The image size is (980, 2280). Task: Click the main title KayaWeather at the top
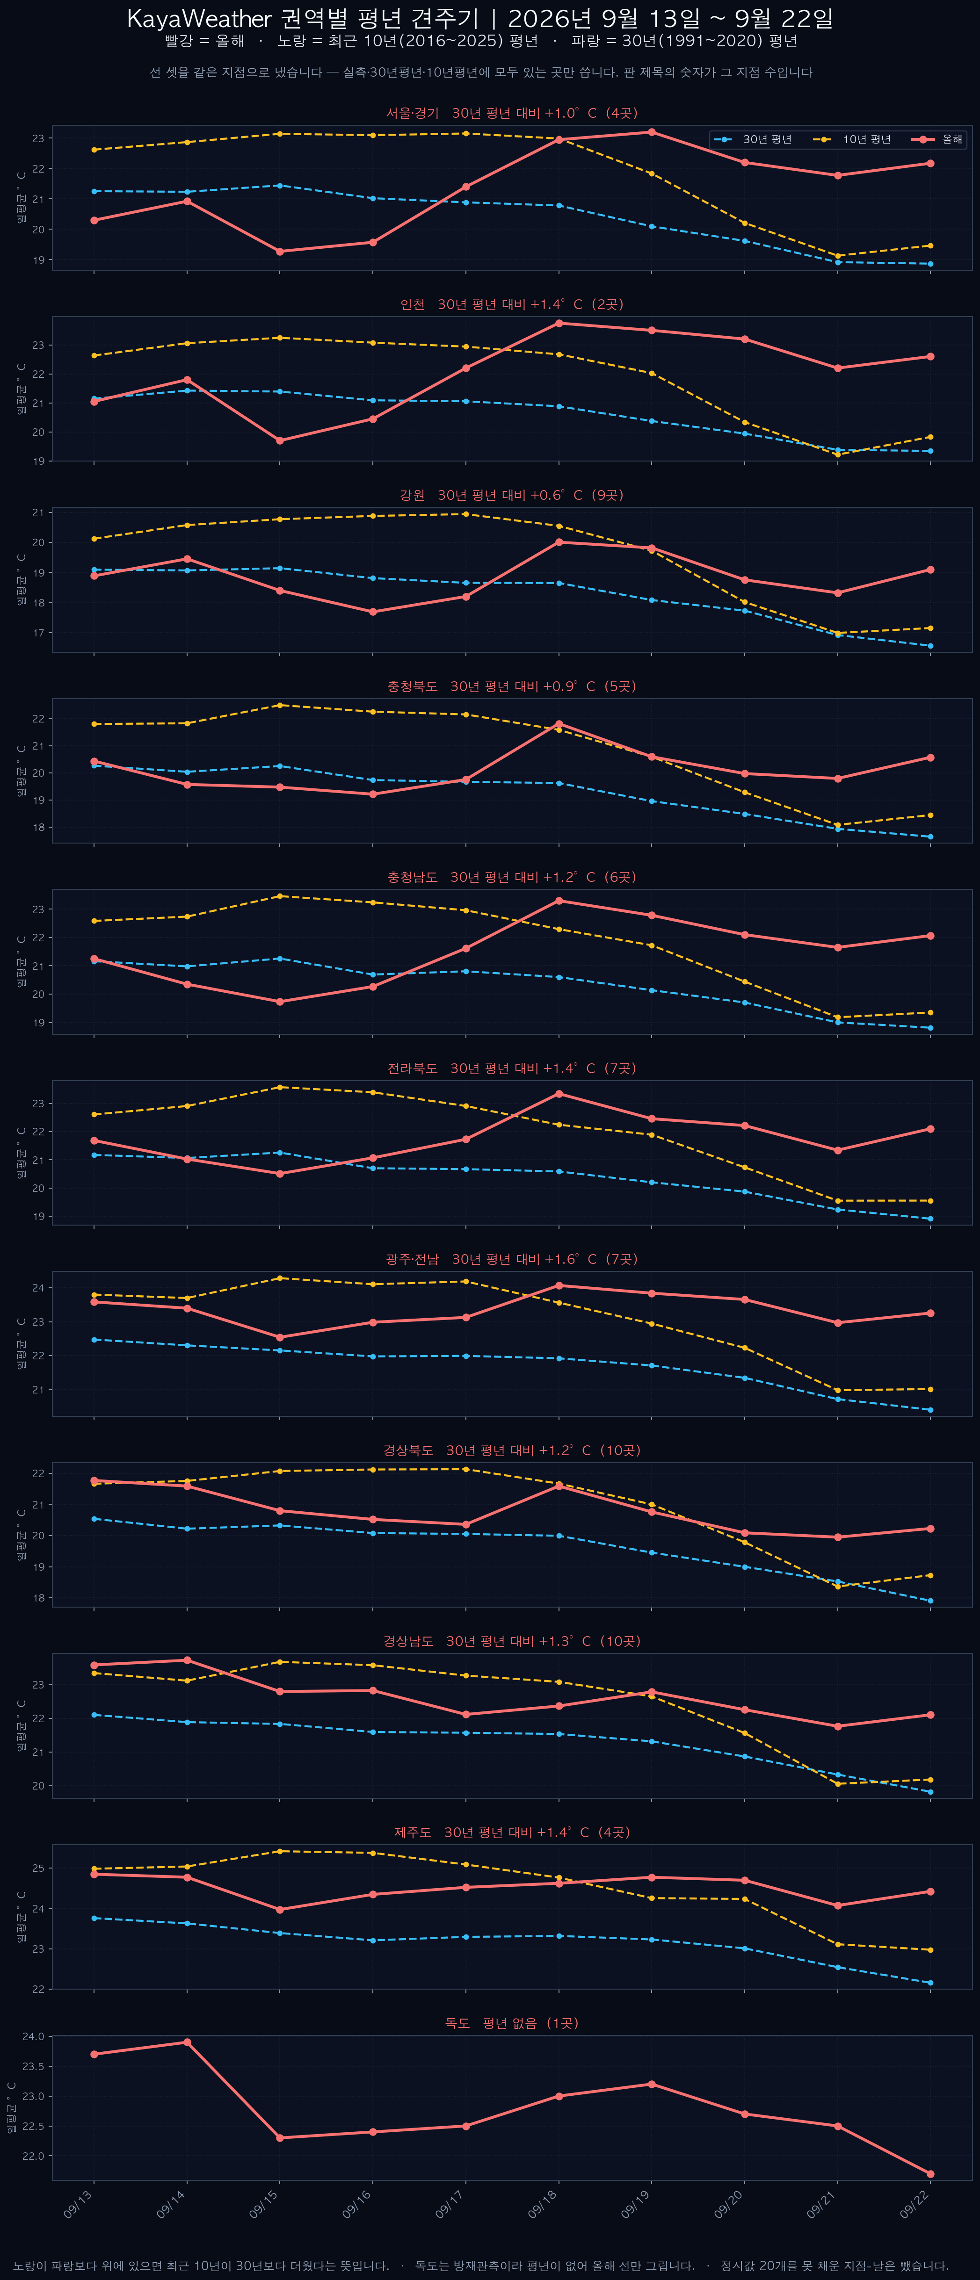tap(199, 19)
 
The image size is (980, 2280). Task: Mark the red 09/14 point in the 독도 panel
tap(187, 2042)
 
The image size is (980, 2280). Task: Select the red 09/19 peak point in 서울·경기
tap(652, 132)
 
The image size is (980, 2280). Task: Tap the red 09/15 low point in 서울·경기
tap(280, 252)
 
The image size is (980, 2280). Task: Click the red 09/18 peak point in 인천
tap(559, 323)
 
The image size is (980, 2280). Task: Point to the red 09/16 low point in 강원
tap(373, 612)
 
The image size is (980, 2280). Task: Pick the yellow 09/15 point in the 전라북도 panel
tap(280, 1087)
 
